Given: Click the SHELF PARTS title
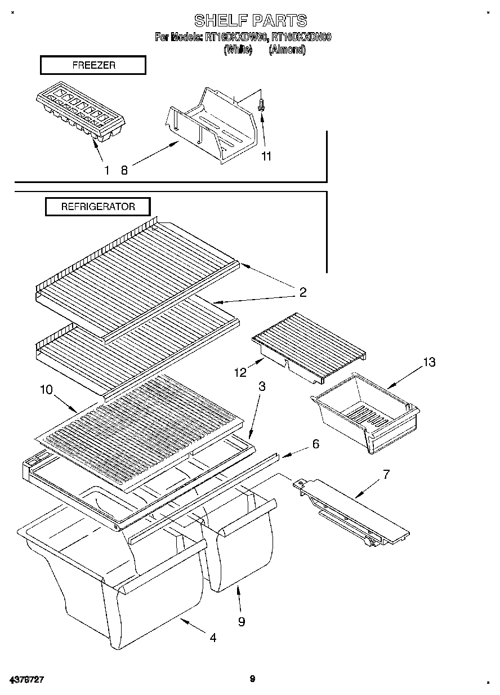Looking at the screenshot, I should coord(251,21).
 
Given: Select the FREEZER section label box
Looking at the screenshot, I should coord(93,65).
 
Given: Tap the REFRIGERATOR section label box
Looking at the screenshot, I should coord(98,207).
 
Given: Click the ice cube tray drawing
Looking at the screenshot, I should coord(81,114).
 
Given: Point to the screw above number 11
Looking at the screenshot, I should coord(262,105).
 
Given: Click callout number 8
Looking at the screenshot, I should coord(124,170).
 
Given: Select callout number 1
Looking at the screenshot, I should coord(106,170).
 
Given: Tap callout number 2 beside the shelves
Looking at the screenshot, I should coord(303,292).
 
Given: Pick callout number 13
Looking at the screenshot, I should coord(429,362).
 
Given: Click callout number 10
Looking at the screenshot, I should coord(46,389).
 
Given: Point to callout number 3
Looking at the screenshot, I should coord(262,386).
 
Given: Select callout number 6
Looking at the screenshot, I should coord(315,444).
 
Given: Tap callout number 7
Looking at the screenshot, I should coord(386,474).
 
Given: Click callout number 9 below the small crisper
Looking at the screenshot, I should coord(241,621).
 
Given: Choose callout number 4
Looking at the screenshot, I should coord(212,638).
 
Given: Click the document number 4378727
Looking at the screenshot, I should coord(26,679).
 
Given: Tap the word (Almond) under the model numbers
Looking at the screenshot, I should coord(287,50).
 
